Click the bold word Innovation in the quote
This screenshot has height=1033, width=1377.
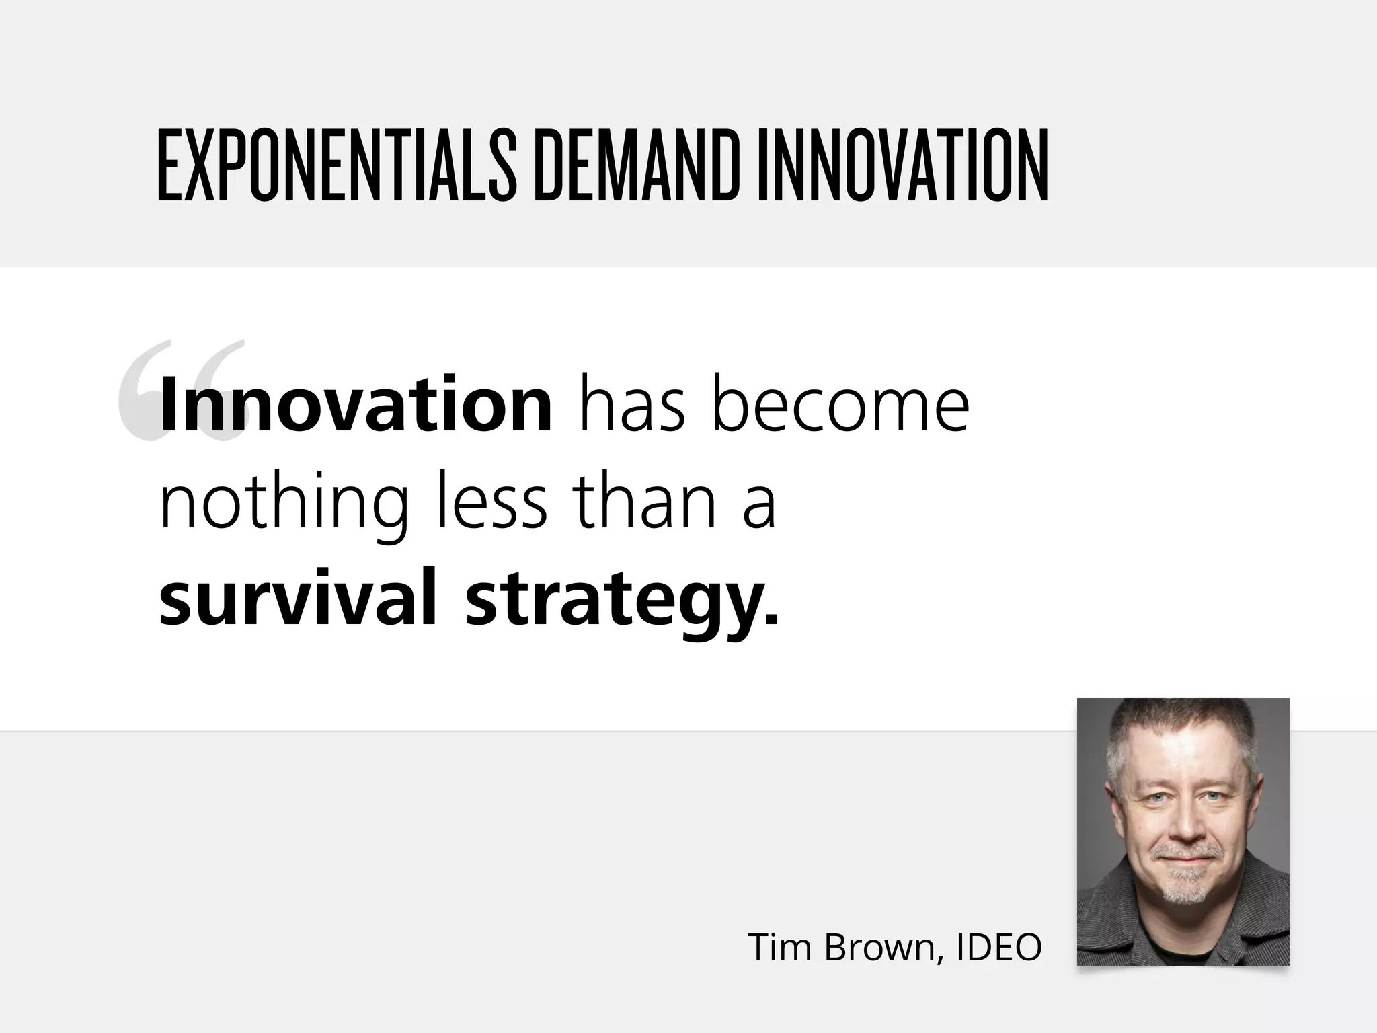coord(356,405)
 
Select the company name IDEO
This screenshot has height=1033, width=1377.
coord(999,948)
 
